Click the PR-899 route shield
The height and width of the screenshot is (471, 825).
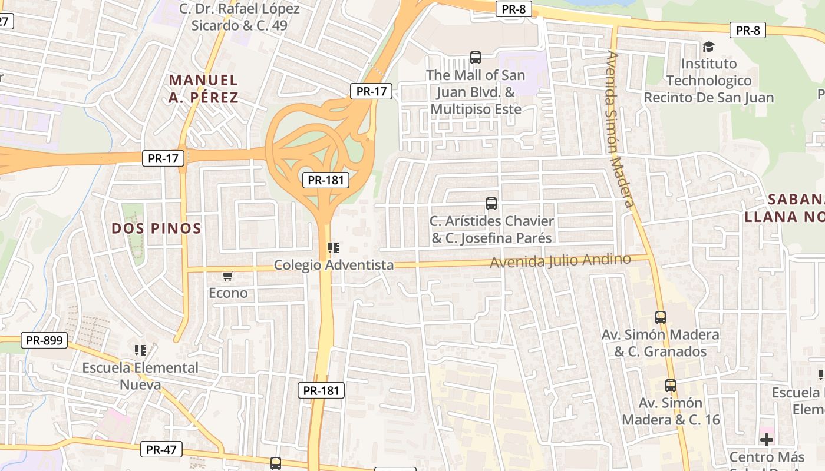tap(45, 340)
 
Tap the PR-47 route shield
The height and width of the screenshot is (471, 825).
tap(161, 450)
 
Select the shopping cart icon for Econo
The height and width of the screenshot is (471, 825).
tap(228, 276)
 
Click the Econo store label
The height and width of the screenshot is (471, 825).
tap(228, 293)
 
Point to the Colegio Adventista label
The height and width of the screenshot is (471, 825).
tap(334, 265)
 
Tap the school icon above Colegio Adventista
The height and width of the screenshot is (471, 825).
tap(334, 248)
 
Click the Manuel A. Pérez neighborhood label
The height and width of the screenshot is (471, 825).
tap(203, 88)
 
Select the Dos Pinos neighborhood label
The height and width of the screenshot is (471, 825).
tap(157, 228)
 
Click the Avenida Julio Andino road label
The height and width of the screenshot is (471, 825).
tap(560, 260)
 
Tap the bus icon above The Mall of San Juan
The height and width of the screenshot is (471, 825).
tap(476, 58)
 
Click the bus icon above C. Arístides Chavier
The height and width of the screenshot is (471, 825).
tap(491, 204)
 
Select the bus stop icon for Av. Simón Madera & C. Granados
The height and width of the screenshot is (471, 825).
tap(661, 317)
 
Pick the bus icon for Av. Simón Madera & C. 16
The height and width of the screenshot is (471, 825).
tap(671, 386)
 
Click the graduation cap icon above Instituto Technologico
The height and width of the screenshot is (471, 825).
tap(708, 47)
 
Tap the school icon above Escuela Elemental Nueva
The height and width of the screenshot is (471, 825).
tap(140, 350)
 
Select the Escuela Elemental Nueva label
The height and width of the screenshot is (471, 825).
tap(140, 376)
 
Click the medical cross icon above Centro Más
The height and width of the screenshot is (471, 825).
tap(767, 440)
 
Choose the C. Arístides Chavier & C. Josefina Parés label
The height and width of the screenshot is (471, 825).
tap(491, 230)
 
